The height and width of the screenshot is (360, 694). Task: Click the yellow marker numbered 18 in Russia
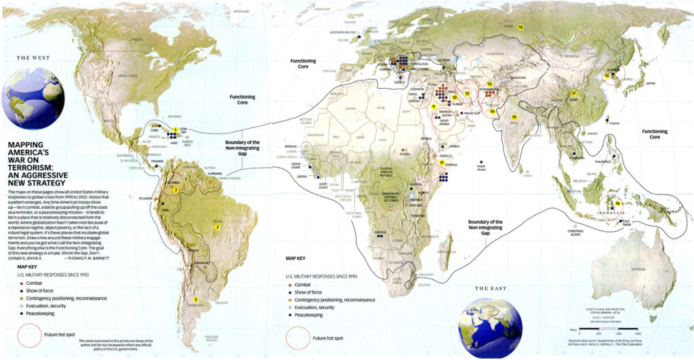520,27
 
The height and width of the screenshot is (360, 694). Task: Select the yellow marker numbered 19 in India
514,117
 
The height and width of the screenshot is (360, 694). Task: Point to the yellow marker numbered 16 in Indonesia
618,203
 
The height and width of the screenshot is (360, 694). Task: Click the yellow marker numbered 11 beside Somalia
441,163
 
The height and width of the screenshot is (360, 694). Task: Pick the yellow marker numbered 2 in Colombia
175,190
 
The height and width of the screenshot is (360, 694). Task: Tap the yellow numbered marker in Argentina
195,299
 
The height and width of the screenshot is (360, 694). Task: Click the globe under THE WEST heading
33,99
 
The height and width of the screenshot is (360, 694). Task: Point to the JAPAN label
650,83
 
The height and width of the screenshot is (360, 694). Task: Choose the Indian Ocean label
482,166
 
